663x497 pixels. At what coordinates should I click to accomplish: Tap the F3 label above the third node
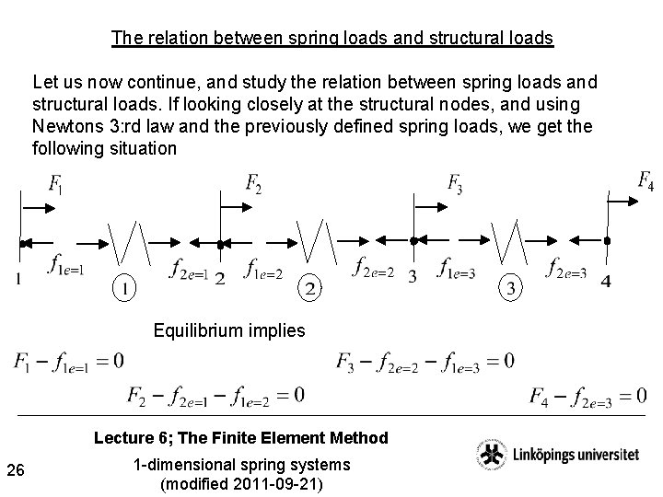click(455, 183)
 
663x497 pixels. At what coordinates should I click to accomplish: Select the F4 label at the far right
click(646, 179)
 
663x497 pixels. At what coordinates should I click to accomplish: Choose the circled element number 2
click(311, 288)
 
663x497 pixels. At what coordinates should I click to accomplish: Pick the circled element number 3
click(511, 288)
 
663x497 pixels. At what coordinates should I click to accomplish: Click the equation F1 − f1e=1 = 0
click(68, 360)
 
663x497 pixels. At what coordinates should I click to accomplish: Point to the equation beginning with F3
click(425, 360)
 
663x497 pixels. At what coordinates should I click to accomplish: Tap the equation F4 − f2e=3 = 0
click(587, 396)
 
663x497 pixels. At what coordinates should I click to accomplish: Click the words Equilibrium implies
click(229, 329)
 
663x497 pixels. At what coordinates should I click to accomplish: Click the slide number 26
click(15, 472)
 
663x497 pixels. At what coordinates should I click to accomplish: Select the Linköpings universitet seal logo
click(490, 456)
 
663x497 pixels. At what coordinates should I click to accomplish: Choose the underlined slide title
click(331, 39)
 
